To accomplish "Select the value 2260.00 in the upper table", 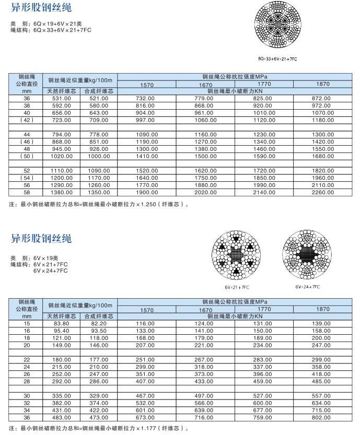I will pos(323,192).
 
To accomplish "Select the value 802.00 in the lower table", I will pos(323,418).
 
